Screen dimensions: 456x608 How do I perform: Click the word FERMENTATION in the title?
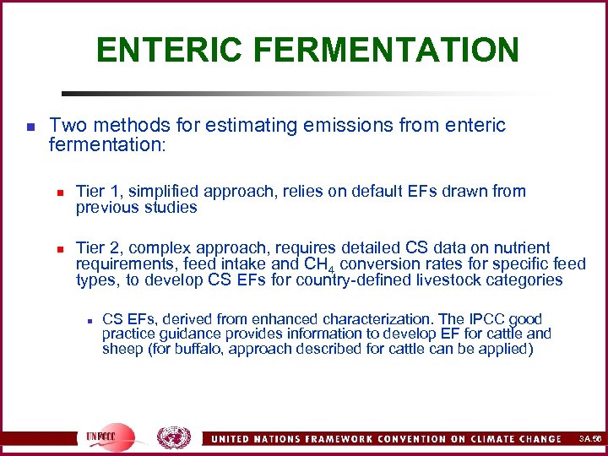point(388,50)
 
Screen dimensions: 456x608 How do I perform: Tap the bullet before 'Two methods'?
point(30,128)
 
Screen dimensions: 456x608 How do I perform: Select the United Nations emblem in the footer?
point(174,437)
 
